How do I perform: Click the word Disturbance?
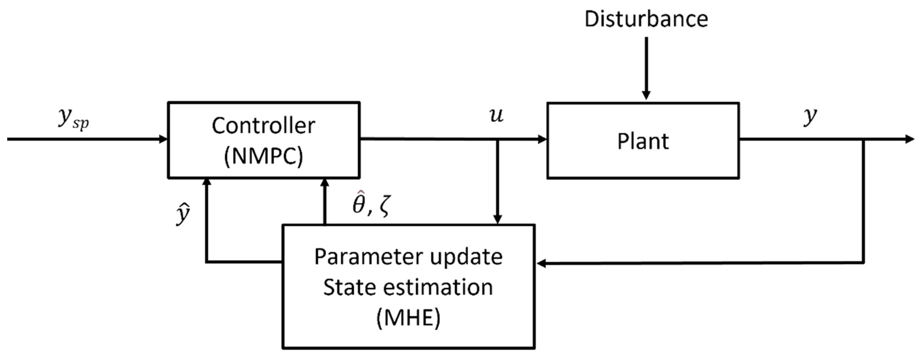[646, 19]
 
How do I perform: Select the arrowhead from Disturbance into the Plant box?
[646, 95]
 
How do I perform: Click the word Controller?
[263, 126]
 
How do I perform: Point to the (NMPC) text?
[263, 156]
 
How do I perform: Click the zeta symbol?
[384, 207]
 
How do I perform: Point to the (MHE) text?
[408, 318]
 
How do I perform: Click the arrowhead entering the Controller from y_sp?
[164, 139]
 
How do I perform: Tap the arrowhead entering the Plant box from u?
[542, 139]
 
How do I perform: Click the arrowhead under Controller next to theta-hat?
[325, 183]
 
